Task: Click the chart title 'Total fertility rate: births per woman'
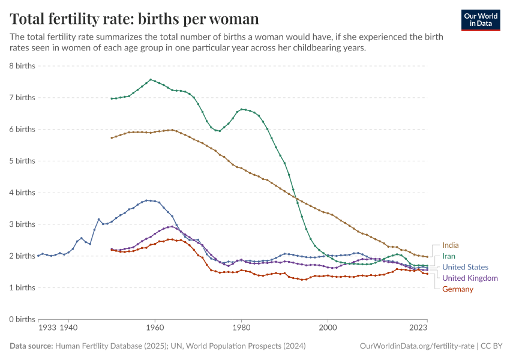coord(134,19)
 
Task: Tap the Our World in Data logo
coord(481,20)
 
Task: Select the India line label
coord(451,245)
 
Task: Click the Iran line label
coord(449,256)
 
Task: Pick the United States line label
coord(465,267)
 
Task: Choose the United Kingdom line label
coord(470,278)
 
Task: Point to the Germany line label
coord(458,289)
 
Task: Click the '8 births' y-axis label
coord(22,65)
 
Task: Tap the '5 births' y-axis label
coord(22,161)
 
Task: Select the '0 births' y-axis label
coord(22,319)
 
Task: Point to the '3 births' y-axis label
coord(22,224)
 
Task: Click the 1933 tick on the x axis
coord(47,328)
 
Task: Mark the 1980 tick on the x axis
coord(241,328)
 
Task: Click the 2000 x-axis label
coord(328,328)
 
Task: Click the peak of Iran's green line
coord(151,79)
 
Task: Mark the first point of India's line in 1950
coord(112,138)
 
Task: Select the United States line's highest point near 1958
coord(146,200)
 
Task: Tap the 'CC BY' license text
coord(493,346)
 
